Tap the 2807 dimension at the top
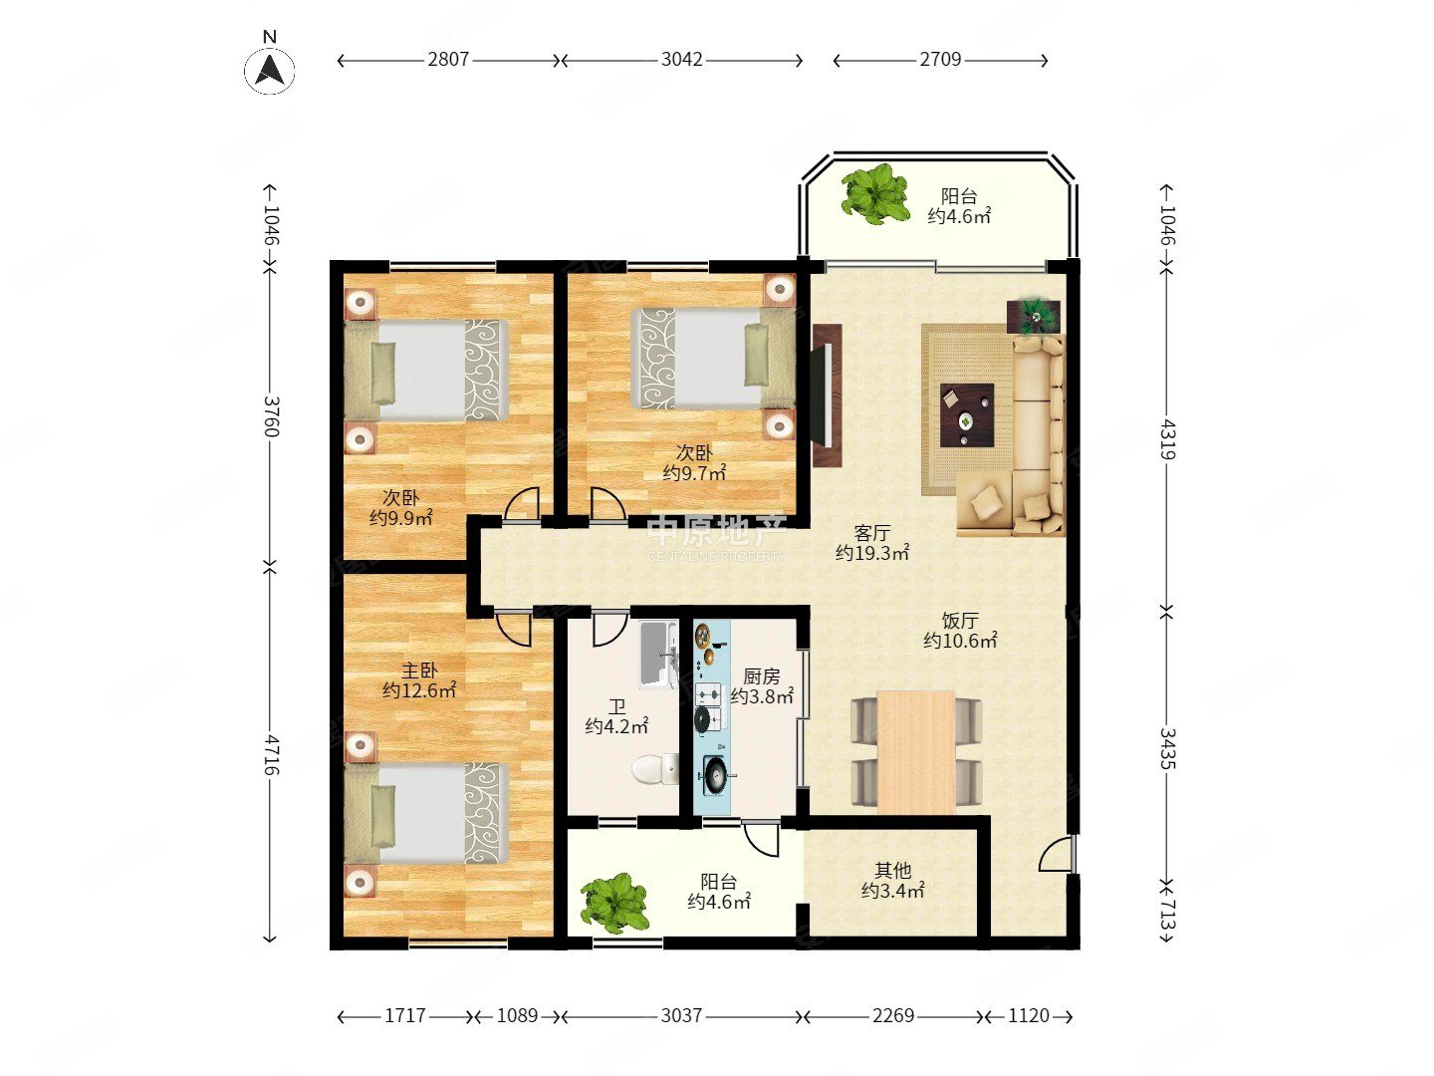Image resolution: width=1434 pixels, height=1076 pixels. [448, 60]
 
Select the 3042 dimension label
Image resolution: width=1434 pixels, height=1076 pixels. [682, 60]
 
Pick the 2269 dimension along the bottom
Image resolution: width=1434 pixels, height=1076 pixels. [892, 1016]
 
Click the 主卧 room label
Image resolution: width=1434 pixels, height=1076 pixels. [419, 672]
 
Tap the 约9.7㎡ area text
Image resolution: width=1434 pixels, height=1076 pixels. [694, 473]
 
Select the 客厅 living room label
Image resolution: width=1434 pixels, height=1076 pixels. [871, 534]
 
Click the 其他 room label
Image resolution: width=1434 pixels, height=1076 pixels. [892, 871]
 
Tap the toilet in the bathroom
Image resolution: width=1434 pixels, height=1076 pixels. [654, 770]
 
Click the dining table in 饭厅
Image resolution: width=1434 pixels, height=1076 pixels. [916, 749]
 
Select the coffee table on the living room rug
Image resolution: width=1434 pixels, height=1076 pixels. [967, 414]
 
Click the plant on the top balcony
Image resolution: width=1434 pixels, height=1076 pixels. [874, 193]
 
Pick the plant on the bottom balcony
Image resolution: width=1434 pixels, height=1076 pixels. [614, 902]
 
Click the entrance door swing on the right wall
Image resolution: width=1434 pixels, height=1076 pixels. [1059, 855]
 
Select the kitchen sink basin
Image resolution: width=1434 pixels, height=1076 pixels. [713, 775]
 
